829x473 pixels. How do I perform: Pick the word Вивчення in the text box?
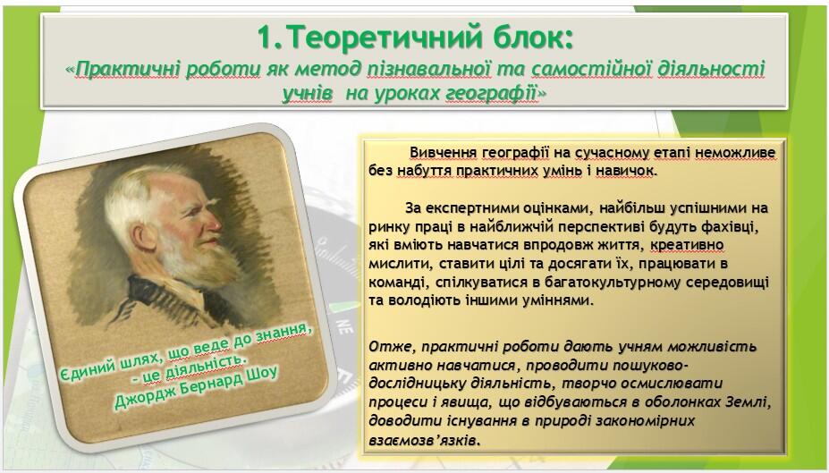444,152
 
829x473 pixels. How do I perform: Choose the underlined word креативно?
687,245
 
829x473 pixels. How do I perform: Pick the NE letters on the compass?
343,326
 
